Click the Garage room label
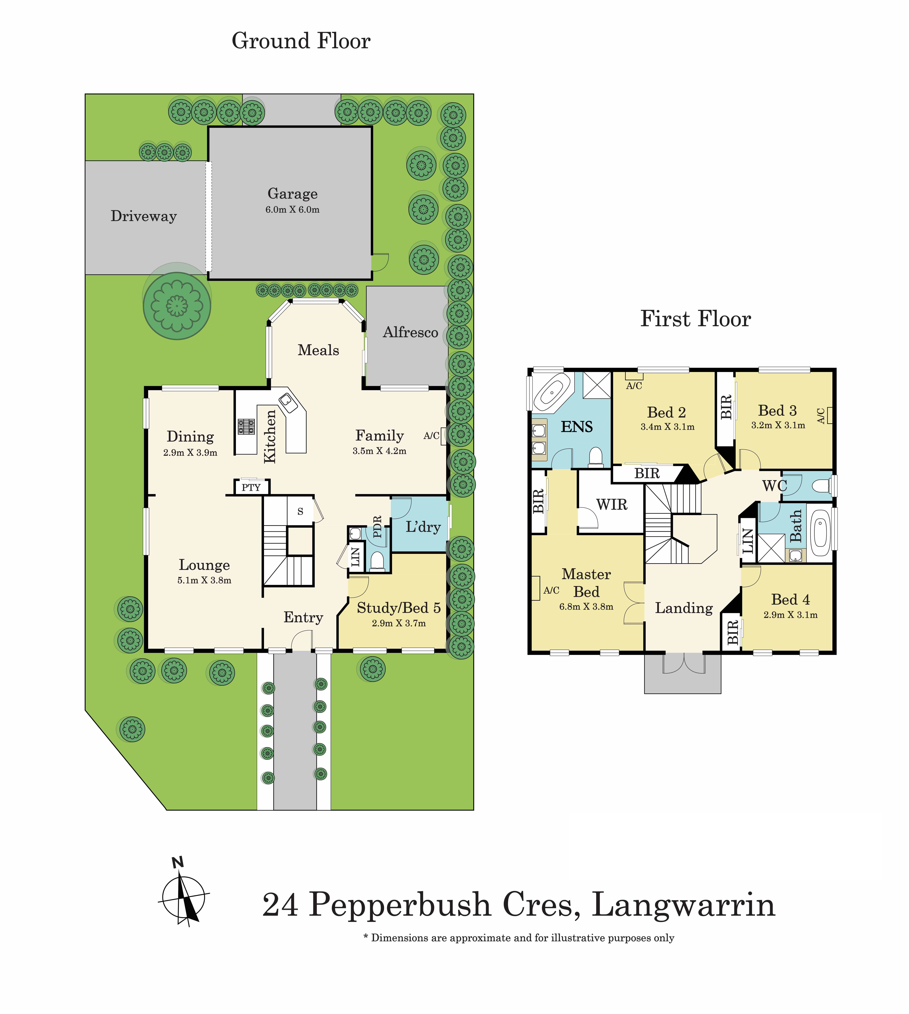coord(292,194)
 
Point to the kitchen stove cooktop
coord(246,426)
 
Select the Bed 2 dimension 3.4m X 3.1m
coord(667,427)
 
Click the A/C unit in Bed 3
coord(830,415)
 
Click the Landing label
coord(684,608)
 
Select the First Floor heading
coord(695,319)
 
